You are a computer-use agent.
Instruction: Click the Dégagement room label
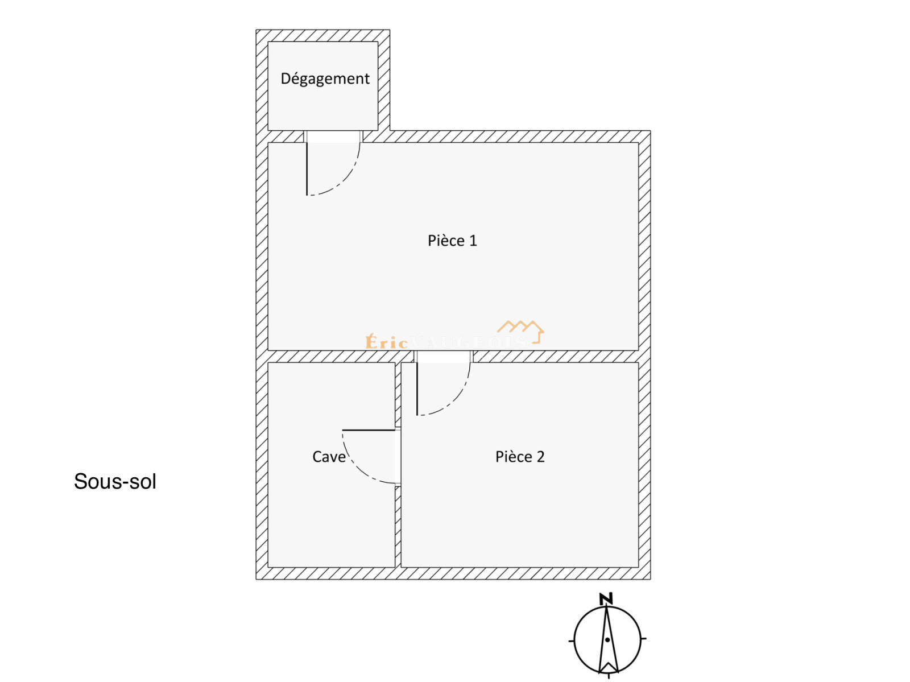tap(325, 78)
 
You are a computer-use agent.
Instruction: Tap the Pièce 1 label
tap(452, 241)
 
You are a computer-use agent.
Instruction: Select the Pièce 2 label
tap(520, 457)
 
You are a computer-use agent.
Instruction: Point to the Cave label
tap(329, 457)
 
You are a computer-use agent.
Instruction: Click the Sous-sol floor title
tap(115, 482)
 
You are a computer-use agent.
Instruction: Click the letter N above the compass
tap(606, 599)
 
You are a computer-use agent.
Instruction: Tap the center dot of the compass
tap(607, 640)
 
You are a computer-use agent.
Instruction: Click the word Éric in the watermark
tap(387, 342)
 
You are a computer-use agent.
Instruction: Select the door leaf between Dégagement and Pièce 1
tap(307, 169)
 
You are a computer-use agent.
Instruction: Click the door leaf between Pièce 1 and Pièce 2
tap(417, 389)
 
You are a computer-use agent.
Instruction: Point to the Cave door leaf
tap(369, 430)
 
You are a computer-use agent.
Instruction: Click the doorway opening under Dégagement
tap(333, 137)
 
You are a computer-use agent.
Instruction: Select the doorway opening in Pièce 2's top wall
tap(444, 357)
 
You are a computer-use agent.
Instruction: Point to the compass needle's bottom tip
tap(608, 673)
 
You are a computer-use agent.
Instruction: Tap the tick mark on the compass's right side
tap(644, 639)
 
